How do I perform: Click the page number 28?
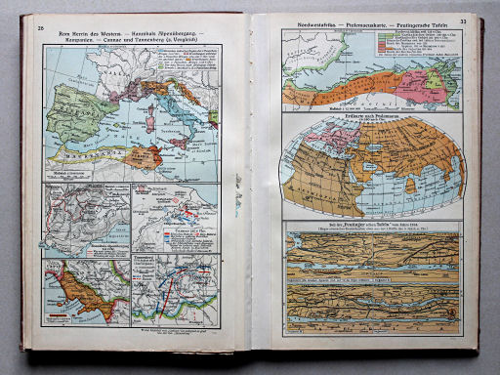pos(40,28)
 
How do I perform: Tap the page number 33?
pos(463,21)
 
